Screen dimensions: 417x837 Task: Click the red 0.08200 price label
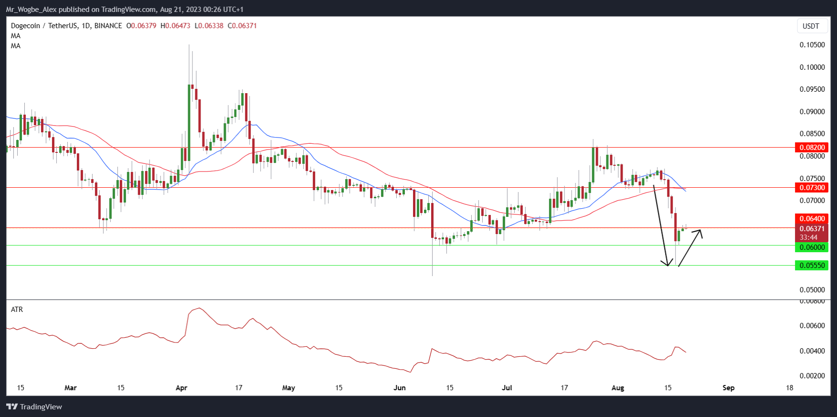coord(812,148)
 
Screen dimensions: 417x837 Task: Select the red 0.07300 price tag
coord(812,188)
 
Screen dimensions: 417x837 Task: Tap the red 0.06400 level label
coord(812,219)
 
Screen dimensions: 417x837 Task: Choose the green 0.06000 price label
coord(812,247)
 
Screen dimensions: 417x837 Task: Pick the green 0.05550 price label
coord(812,266)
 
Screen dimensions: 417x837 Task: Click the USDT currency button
coord(811,26)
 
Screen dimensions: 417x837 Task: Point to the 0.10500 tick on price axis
coord(812,45)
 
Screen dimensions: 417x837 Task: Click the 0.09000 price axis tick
coord(812,112)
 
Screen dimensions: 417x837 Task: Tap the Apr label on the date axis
coord(181,388)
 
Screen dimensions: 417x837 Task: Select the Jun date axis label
coord(400,388)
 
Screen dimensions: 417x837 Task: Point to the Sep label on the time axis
coord(728,388)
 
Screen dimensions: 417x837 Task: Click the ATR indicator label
coord(17,310)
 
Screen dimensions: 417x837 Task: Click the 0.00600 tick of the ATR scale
coord(812,326)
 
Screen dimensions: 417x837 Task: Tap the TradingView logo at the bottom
coord(34,407)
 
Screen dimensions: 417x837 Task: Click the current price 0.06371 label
coord(812,229)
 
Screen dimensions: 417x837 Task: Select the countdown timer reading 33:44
coord(808,237)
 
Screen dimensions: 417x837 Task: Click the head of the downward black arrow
coord(667,265)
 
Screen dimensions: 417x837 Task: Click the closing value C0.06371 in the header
coord(243,26)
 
